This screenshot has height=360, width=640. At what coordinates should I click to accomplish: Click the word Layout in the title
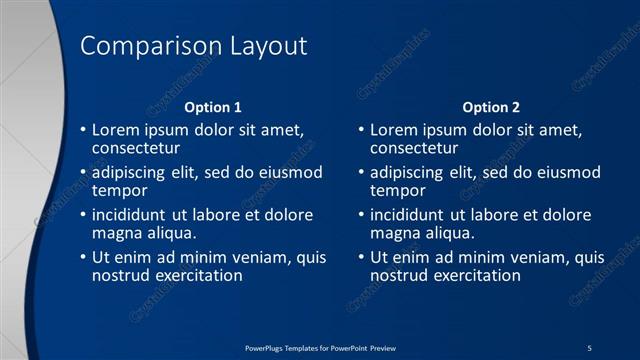point(269,47)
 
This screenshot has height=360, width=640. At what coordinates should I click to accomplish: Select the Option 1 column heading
point(213,107)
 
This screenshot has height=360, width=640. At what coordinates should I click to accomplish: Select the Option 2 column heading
point(491,107)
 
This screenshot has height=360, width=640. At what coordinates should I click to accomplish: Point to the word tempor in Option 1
point(119,191)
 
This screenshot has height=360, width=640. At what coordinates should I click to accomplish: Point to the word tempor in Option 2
point(397,191)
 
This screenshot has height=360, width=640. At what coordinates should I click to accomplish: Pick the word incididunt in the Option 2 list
point(411,216)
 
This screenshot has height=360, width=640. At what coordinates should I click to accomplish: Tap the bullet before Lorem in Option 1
point(83,131)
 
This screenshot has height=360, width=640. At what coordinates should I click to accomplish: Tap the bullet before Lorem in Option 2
point(361,131)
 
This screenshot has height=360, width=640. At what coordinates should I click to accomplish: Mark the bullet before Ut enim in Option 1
point(83,258)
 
